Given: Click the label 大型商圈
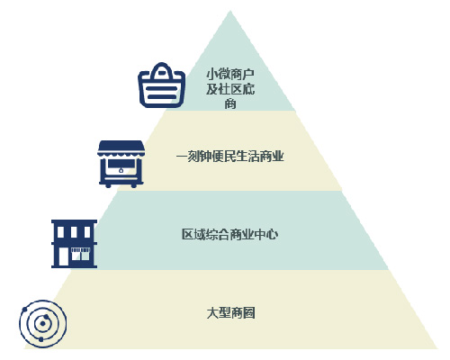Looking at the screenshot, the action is (x=230, y=313).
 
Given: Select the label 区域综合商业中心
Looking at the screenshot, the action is (x=229, y=234).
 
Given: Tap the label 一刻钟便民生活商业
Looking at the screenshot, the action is (x=229, y=157).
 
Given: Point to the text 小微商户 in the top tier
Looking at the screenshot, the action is (x=230, y=75).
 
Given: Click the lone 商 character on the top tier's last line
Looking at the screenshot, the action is (x=230, y=103).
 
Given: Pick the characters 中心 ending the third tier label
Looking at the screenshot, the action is (x=266, y=234).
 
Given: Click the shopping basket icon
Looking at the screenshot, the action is (x=161, y=85).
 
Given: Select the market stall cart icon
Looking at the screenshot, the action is (x=121, y=164).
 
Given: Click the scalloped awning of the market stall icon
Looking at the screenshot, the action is (x=121, y=148).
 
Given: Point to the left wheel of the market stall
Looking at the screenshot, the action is (x=108, y=185).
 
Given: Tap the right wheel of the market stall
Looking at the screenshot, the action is (x=134, y=185).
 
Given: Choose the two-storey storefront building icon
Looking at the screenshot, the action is (x=74, y=244).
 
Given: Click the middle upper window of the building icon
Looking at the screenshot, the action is (x=74, y=232).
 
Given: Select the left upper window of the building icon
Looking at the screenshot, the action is (x=60, y=232).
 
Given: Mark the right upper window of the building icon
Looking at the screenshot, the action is (x=87, y=232).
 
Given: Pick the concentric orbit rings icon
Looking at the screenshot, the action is (x=43, y=324).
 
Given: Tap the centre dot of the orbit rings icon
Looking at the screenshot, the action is (x=43, y=324).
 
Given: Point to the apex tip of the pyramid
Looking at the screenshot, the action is (x=230, y=11).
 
